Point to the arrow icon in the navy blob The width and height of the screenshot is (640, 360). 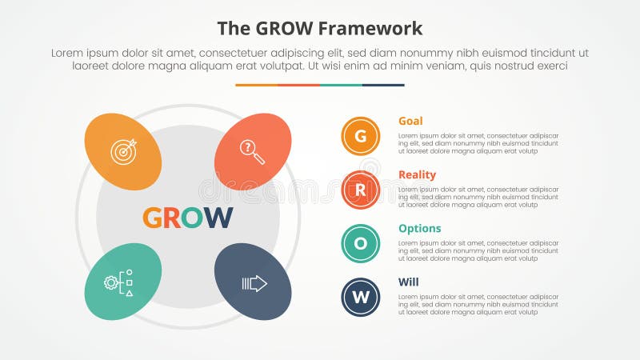254,283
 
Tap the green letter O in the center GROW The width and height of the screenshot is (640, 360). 192,218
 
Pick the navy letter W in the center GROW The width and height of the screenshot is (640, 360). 217,218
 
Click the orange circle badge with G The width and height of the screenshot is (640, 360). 361,136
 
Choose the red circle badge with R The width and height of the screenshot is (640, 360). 361,190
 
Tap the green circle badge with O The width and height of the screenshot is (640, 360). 361,244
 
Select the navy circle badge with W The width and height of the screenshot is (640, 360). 361,298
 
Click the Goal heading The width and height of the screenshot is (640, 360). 410,122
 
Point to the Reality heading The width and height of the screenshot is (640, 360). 417,175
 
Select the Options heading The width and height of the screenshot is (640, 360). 419,229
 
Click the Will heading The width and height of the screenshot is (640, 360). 408,282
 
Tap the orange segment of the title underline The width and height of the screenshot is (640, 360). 256,85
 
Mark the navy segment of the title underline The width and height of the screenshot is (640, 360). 383,85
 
